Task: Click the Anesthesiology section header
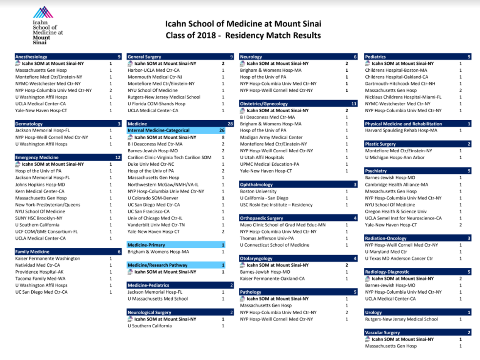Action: (x=31, y=57)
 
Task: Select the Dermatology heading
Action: (x=29, y=124)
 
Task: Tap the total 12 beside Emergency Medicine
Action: (x=118, y=158)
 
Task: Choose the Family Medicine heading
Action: (x=32, y=252)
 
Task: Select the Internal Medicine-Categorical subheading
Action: (x=159, y=131)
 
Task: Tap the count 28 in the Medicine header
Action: (x=230, y=124)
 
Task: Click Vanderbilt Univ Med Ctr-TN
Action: (x=156, y=225)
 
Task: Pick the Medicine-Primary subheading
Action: (x=146, y=245)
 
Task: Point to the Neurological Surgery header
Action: (x=149, y=312)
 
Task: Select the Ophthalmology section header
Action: (x=256, y=185)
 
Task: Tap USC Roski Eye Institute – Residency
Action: (x=276, y=205)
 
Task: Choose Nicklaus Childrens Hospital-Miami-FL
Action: (x=403, y=97)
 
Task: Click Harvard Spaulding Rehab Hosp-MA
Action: (x=401, y=131)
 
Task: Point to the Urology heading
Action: (x=373, y=312)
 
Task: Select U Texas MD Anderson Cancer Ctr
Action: (x=399, y=259)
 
